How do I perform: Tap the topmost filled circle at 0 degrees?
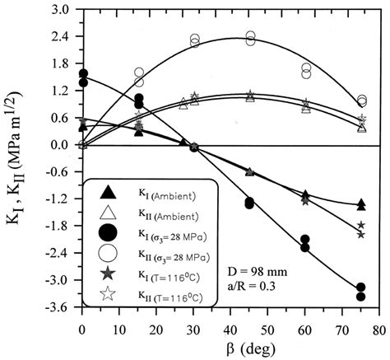pyautogui.click(x=82, y=73)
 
